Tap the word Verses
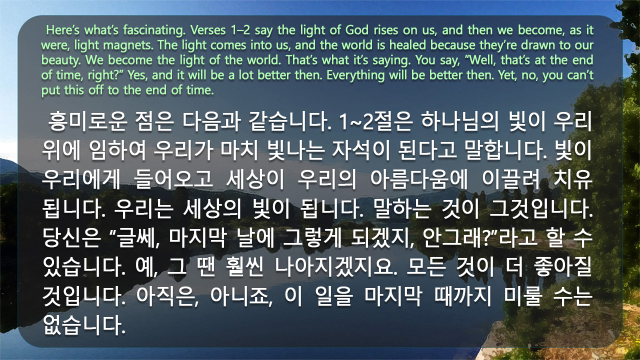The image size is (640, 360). click(208, 30)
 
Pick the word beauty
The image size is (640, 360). click(61, 60)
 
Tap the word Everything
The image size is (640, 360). click(355, 75)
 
